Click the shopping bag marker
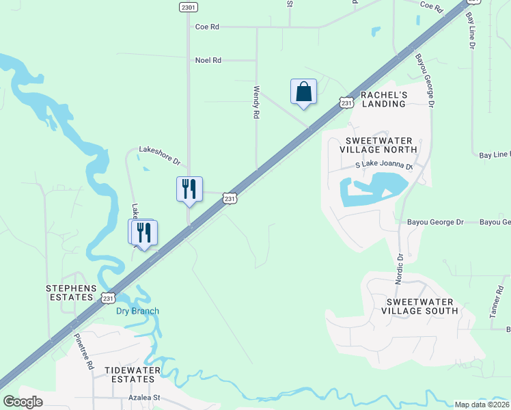click(303, 92)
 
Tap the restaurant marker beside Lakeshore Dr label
click(189, 189)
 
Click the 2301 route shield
click(189, 7)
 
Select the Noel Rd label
click(208, 60)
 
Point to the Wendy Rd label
click(257, 102)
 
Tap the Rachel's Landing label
click(384, 99)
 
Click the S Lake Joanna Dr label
click(384, 166)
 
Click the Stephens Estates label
click(69, 292)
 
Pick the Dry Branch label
click(137, 311)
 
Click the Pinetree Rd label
click(83, 352)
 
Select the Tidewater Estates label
click(133, 374)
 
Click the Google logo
click(23, 402)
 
